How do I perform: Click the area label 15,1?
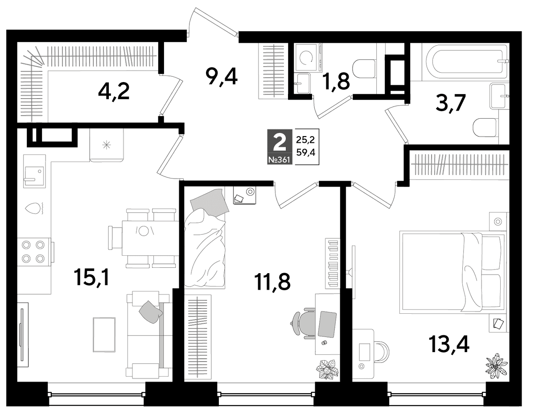(93, 278)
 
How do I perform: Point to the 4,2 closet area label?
(114, 91)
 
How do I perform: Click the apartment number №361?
(279, 160)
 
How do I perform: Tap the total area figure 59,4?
(305, 153)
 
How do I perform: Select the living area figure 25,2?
(305, 140)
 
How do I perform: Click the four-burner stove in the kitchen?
(33, 252)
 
